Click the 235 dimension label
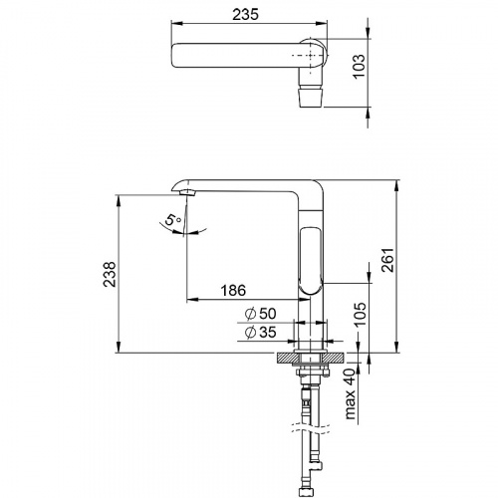(x=245, y=14)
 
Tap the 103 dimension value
(x=359, y=66)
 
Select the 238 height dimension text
(x=110, y=274)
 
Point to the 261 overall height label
(x=387, y=260)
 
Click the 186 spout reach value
(x=234, y=290)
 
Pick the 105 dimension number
(x=359, y=314)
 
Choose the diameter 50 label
(x=260, y=314)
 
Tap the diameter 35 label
(x=260, y=332)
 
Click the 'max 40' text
(x=350, y=393)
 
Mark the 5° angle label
(x=173, y=220)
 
